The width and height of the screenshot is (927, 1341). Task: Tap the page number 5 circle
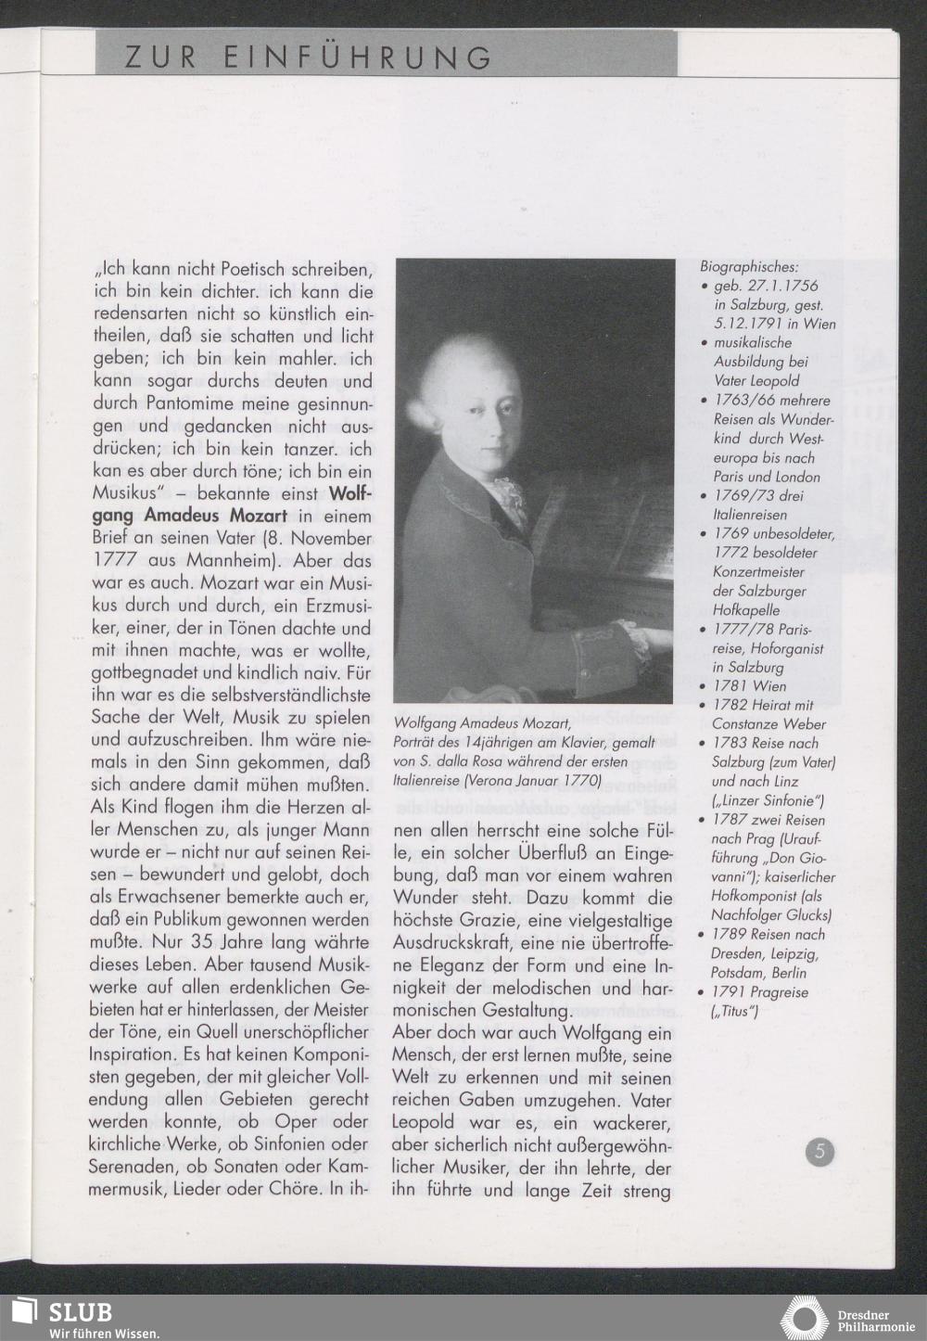819,1153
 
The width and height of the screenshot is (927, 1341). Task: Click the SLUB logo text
81,1312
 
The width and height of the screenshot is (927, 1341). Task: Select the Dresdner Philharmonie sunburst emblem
804,1319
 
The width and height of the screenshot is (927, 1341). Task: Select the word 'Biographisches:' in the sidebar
749,267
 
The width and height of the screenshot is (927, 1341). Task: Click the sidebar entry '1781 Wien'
750,686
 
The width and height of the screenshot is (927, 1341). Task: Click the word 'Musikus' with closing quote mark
129,493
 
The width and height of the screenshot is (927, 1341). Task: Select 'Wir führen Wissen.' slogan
104,1333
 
